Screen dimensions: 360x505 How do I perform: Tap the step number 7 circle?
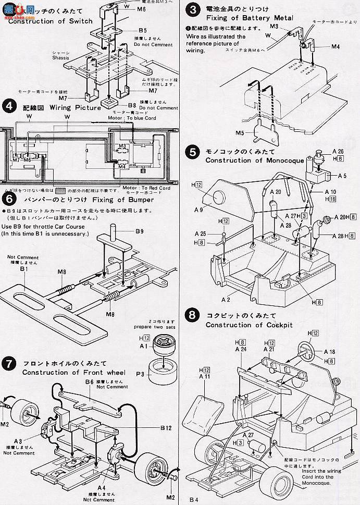tap(9, 363)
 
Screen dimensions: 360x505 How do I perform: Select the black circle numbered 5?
tap(193, 152)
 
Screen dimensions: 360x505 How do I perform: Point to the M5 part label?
tap(240, 132)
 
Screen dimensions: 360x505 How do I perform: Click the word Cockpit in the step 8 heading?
tap(278, 325)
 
